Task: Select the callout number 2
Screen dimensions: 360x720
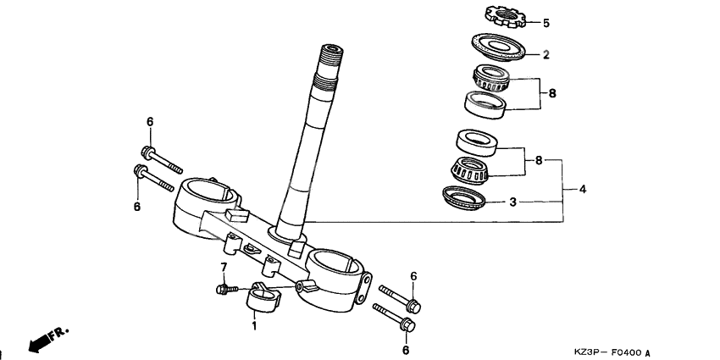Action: click(x=546, y=54)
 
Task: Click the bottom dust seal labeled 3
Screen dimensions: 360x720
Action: click(x=464, y=198)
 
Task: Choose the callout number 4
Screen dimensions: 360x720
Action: click(x=582, y=189)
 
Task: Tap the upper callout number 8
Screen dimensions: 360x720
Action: click(x=551, y=93)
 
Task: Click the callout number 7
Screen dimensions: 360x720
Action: click(x=224, y=268)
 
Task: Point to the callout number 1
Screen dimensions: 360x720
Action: click(x=252, y=325)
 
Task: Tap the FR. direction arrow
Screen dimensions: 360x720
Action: click(x=47, y=339)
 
